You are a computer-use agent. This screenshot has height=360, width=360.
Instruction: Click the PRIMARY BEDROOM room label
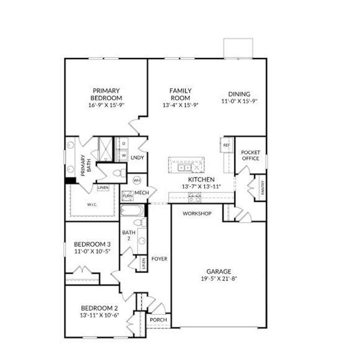pyautogui.click(x=106, y=94)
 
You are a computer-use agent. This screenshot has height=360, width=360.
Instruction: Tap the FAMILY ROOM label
pyautogui.click(x=180, y=94)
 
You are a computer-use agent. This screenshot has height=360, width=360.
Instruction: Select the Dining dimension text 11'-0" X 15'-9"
pyautogui.click(x=239, y=101)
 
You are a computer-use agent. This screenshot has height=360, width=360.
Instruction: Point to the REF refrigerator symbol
pyautogui.click(x=226, y=145)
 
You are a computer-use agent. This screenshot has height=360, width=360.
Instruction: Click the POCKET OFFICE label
pyautogui.click(x=250, y=155)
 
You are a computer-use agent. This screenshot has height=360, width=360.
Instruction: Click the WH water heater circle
pyautogui.click(x=136, y=180)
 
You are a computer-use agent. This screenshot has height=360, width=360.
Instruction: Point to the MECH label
pyautogui.click(x=141, y=193)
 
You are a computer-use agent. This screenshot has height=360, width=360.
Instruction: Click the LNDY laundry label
pyautogui.click(x=137, y=157)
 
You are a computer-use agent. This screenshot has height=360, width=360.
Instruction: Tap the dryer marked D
pyautogui.click(x=124, y=143)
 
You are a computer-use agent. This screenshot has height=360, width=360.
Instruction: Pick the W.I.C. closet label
pyautogui.click(x=92, y=205)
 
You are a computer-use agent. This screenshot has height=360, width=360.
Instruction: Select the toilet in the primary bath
pyautogui.click(x=121, y=173)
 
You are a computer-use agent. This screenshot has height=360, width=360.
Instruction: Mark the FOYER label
pyautogui.click(x=159, y=259)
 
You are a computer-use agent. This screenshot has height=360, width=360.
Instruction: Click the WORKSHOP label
pyautogui.click(x=197, y=213)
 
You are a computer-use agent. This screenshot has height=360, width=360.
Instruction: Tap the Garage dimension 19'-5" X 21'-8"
pyautogui.click(x=219, y=279)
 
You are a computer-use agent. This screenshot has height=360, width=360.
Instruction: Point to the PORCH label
pyautogui.click(x=158, y=320)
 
